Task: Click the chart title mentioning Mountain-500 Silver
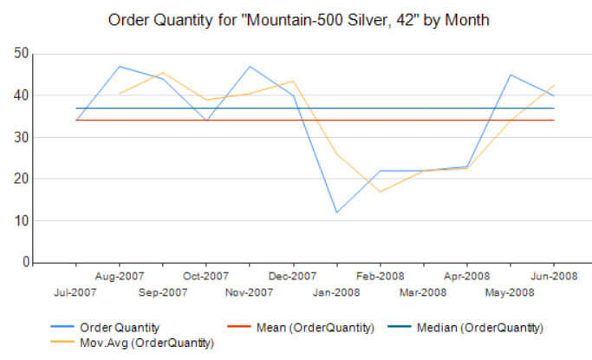tap(297, 18)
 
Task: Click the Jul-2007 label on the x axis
tap(76, 292)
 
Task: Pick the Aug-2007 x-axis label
tap(120, 277)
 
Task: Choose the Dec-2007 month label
tap(293, 277)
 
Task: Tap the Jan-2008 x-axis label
tap(336, 292)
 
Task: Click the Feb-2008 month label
tap(380, 277)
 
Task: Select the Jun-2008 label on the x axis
tap(553, 277)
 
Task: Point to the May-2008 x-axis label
tap(510, 292)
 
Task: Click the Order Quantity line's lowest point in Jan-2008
tap(337, 213)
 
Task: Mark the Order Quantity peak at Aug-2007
tap(120, 66)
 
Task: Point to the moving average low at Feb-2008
tap(381, 192)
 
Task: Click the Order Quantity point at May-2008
tap(511, 75)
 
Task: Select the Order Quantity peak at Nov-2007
tap(250, 66)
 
